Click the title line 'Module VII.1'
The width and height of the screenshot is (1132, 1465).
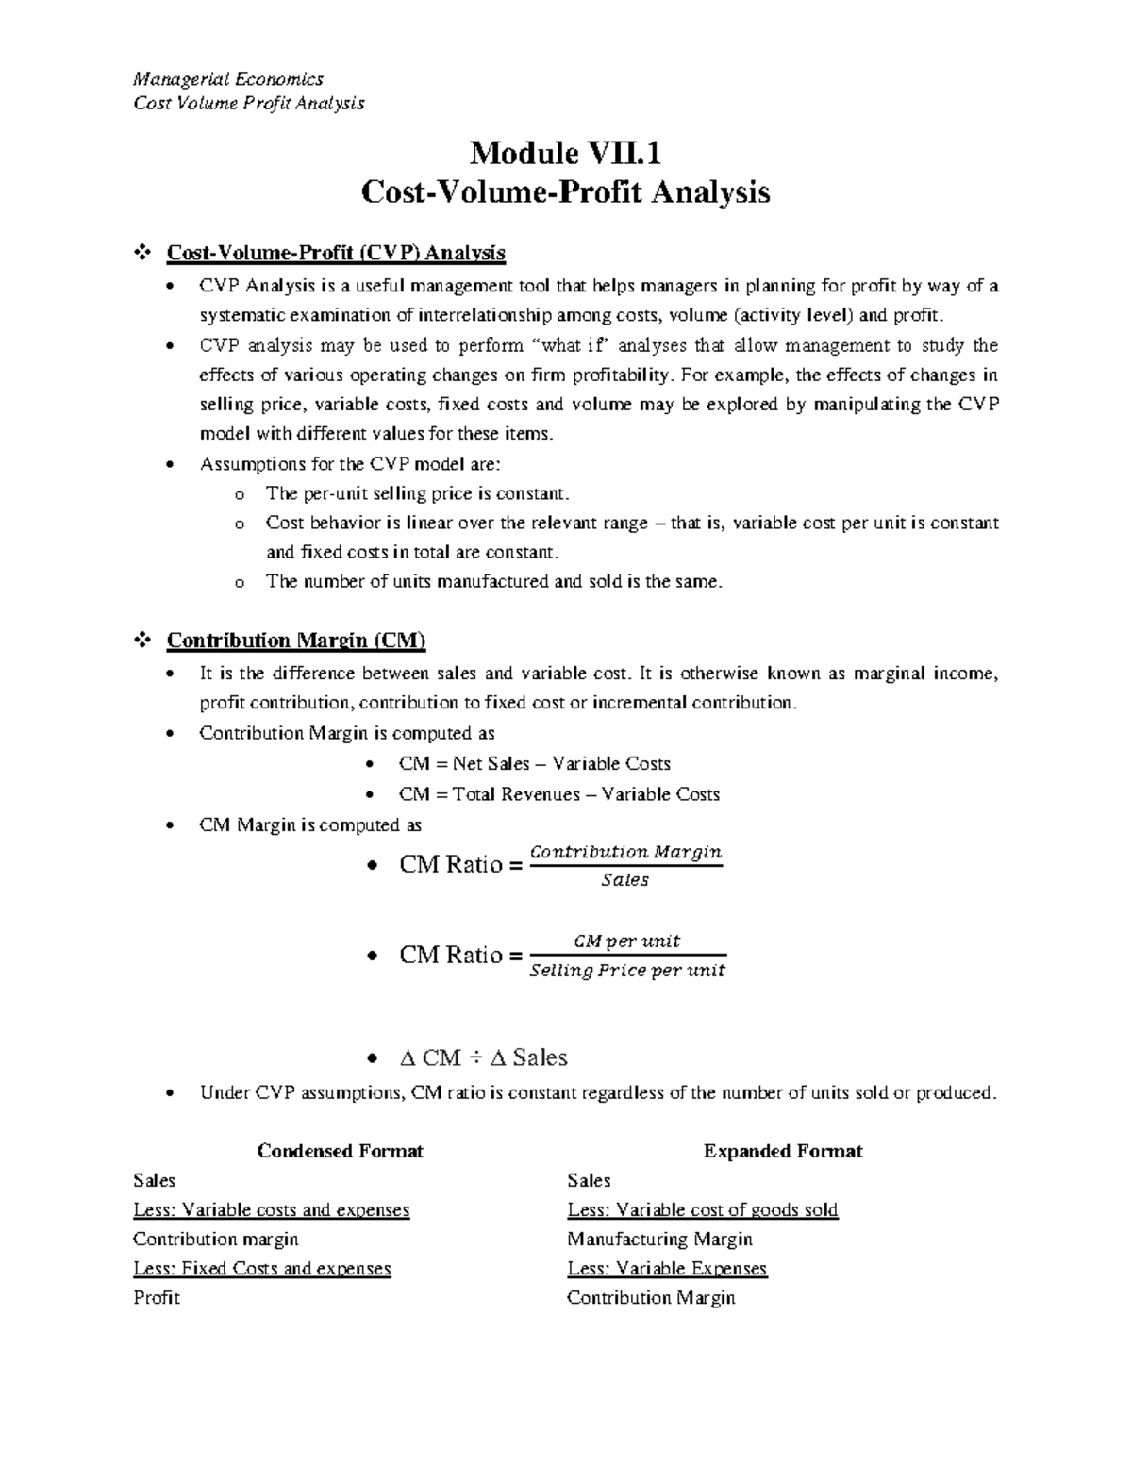565,152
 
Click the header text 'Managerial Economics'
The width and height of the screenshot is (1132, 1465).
227,79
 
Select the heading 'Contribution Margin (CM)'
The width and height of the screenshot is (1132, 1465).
296,641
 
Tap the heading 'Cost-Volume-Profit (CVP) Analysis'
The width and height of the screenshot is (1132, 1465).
336,253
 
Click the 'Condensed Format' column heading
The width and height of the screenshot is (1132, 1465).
340,1151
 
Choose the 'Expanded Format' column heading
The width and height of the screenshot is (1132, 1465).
783,1151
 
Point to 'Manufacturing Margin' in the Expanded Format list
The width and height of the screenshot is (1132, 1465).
659,1239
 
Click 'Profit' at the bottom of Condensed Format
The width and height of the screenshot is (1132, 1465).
157,1297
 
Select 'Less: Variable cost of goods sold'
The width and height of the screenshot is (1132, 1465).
702,1209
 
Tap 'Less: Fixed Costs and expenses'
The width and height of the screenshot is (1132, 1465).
262,1268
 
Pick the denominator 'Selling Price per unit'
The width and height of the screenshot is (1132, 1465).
627,971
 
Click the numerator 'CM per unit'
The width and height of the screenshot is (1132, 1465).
627,941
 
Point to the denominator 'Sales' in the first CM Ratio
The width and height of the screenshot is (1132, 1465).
624,880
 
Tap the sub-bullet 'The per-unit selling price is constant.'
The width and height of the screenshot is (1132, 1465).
418,493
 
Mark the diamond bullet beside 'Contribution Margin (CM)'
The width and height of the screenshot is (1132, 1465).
143,641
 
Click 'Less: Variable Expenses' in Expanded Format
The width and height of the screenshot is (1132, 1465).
667,1268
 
